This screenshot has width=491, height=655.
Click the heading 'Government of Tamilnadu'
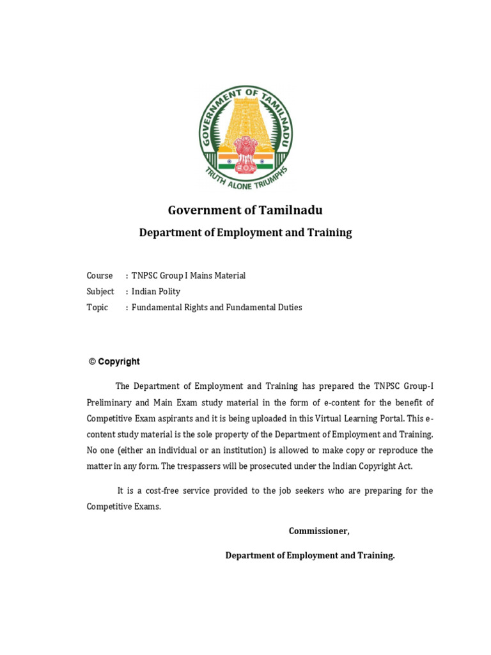click(x=245, y=210)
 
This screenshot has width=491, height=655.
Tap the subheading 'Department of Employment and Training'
click(x=245, y=233)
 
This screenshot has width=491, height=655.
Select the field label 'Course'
click(x=100, y=276)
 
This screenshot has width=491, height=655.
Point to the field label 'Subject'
click(x=100, y=292)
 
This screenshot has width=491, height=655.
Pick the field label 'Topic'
click(x=98, y=308)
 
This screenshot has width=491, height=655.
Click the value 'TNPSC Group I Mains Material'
click(x=189, y=276)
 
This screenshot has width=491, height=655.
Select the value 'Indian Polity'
click(x=156, y=292)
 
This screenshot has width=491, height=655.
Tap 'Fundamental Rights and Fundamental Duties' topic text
click(x=217, y=308)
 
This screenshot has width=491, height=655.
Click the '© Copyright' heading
click(x=114, y=361)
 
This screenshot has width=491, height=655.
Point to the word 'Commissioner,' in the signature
click(x=319, y=531)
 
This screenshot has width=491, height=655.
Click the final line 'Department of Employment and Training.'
click(x=310, y=556)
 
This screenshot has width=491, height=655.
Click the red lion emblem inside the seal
click(x=245, y=154)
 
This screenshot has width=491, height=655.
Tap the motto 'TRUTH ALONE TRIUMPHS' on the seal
click(x=246, y=178)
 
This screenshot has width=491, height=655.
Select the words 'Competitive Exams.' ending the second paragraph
click(x=124, y=507)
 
